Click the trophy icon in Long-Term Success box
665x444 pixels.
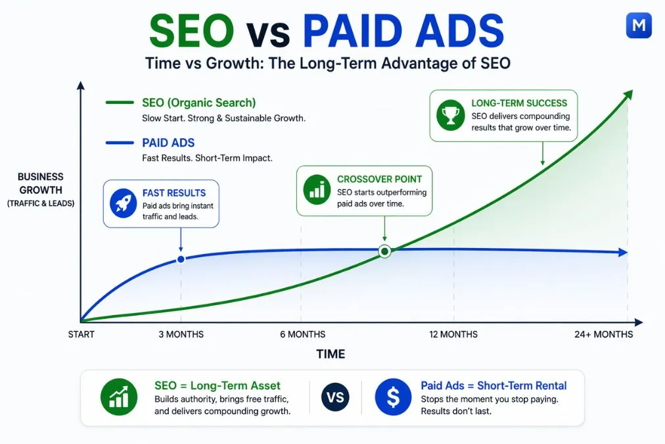pos(450,116)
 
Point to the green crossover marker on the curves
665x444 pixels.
pos(385,251)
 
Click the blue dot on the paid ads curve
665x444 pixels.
pos(181,259)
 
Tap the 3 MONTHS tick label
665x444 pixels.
pos(181,334)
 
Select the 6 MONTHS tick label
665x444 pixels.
pos(302,334)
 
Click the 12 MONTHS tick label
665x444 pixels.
pos(453,334)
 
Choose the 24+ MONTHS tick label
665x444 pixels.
pos(604,334)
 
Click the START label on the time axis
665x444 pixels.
pos(81,334)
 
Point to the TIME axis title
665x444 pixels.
pos(330,354)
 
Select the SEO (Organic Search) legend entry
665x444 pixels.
pos(198,103)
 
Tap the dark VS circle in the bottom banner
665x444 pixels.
pos(336,397)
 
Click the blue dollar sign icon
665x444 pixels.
pos(393,397)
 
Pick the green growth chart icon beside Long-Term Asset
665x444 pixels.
pos(119,397)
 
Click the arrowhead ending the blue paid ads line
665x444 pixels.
pos(623,252)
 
